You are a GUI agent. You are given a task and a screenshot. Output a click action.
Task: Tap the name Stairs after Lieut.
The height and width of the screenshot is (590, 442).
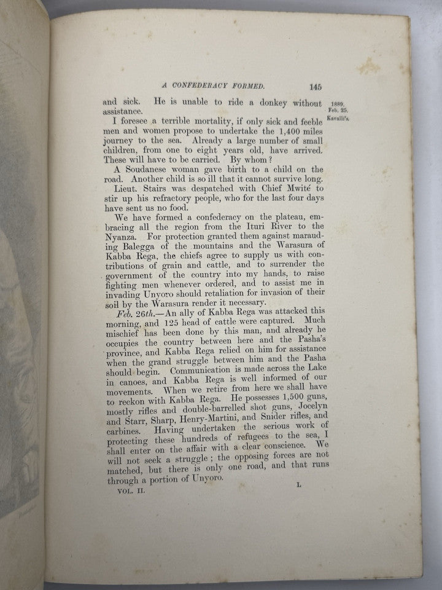coord(153,191)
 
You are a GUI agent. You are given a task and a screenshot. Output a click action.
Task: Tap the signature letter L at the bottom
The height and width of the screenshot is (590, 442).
coord(298,485)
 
